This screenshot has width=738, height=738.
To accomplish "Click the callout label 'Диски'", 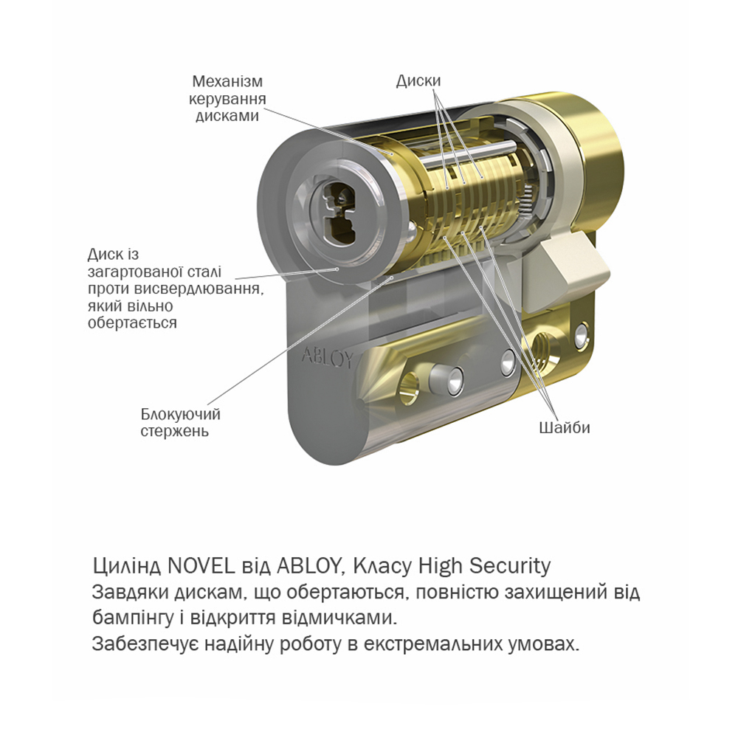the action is (418, 81).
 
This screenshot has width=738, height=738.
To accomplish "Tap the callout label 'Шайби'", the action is (565, 428).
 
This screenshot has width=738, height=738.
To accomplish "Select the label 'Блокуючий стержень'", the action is (180, 423).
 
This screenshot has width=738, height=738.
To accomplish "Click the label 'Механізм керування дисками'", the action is (227, 98).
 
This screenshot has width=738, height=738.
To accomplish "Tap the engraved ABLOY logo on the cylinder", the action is (326, 357).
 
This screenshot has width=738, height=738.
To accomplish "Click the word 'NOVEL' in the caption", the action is (201, 566).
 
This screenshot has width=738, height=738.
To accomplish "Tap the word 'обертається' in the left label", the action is (132, 323).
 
